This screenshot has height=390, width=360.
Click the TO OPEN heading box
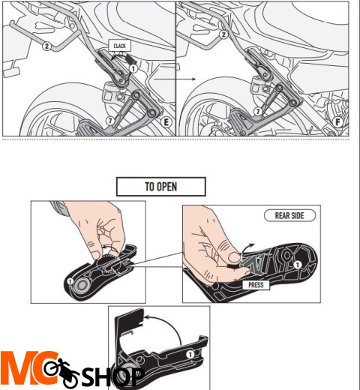point(160,186)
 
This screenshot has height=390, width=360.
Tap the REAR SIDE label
point(289,215)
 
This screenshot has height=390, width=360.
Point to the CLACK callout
point(120,46)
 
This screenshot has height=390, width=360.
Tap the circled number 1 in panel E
point(133,67)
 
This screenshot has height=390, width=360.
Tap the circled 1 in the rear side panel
point(298,265)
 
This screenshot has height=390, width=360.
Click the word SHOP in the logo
point(112,376)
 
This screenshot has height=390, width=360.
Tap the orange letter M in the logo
point(19,370)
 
